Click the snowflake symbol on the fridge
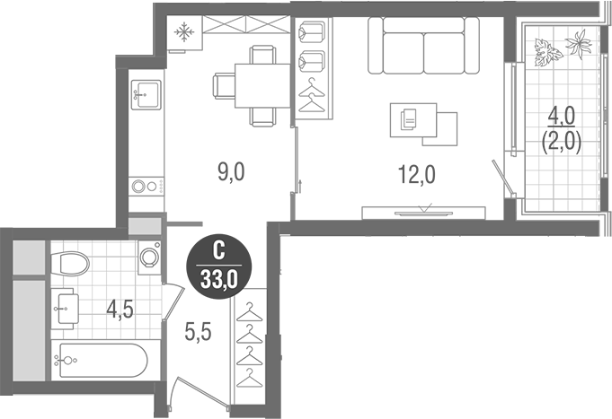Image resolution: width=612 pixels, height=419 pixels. tap(184, 34)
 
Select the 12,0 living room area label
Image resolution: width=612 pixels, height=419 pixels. tap(415, 173)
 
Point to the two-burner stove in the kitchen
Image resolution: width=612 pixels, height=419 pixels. tap(146, 187)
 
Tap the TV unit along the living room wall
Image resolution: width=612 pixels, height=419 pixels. tap(423, 213)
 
